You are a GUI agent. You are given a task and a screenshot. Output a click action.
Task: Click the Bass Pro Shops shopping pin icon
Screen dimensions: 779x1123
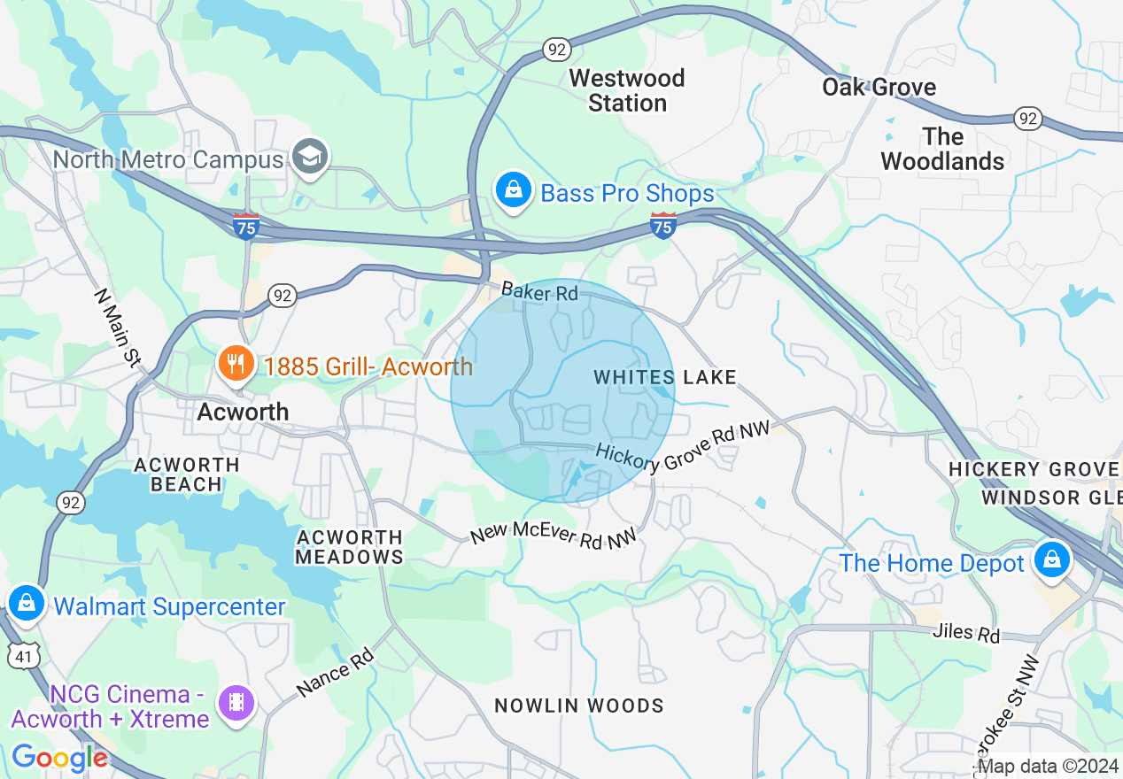pyautogui.click(x=512, y=190)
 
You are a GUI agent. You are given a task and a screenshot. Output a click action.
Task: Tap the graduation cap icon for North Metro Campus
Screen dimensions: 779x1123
pyautogui.click(x=310, y=158)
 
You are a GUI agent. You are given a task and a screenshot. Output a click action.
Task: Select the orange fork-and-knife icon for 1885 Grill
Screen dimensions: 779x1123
pyautogui.click(x=236, y=364)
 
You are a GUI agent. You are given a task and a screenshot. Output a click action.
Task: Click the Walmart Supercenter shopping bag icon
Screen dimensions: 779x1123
pyautogui.click(x=27, y=604)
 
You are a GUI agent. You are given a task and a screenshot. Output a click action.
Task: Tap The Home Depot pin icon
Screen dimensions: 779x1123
pyautogui.click(x=1051, y=560)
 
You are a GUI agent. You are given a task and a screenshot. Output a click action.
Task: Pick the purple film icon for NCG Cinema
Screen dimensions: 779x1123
pyautogui.click(x=236, y=703)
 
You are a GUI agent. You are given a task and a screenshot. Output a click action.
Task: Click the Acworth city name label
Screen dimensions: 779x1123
pyautogui.click(x=243, y=412)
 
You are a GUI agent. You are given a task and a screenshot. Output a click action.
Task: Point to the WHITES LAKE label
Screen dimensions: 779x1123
pyautogui.click(x=665, y=378)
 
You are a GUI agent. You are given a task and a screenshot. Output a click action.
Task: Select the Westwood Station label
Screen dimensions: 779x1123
pyautogui.click(x=627, y=90)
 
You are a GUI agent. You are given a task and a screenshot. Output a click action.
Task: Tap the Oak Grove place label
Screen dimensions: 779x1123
pyautogui.click(x=879, y=87)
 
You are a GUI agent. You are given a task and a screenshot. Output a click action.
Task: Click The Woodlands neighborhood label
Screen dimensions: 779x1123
pyautogui.click(x=942, y=149)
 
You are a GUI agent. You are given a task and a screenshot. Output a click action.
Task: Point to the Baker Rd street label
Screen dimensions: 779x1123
pyautogui.click(x=539, y=291)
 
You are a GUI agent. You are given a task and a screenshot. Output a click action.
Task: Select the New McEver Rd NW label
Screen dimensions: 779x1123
pyautogui.click(x=553, y=536)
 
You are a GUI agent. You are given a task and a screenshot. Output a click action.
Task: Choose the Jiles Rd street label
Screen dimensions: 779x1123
pyautogui.click(x=965, y=634)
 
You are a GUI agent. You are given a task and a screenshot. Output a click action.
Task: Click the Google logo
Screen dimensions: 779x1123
pyautogui.click(x=59, y=759)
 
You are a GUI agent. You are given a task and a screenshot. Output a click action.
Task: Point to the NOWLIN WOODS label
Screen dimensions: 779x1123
pyautogui.click(x=579, y=706)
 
